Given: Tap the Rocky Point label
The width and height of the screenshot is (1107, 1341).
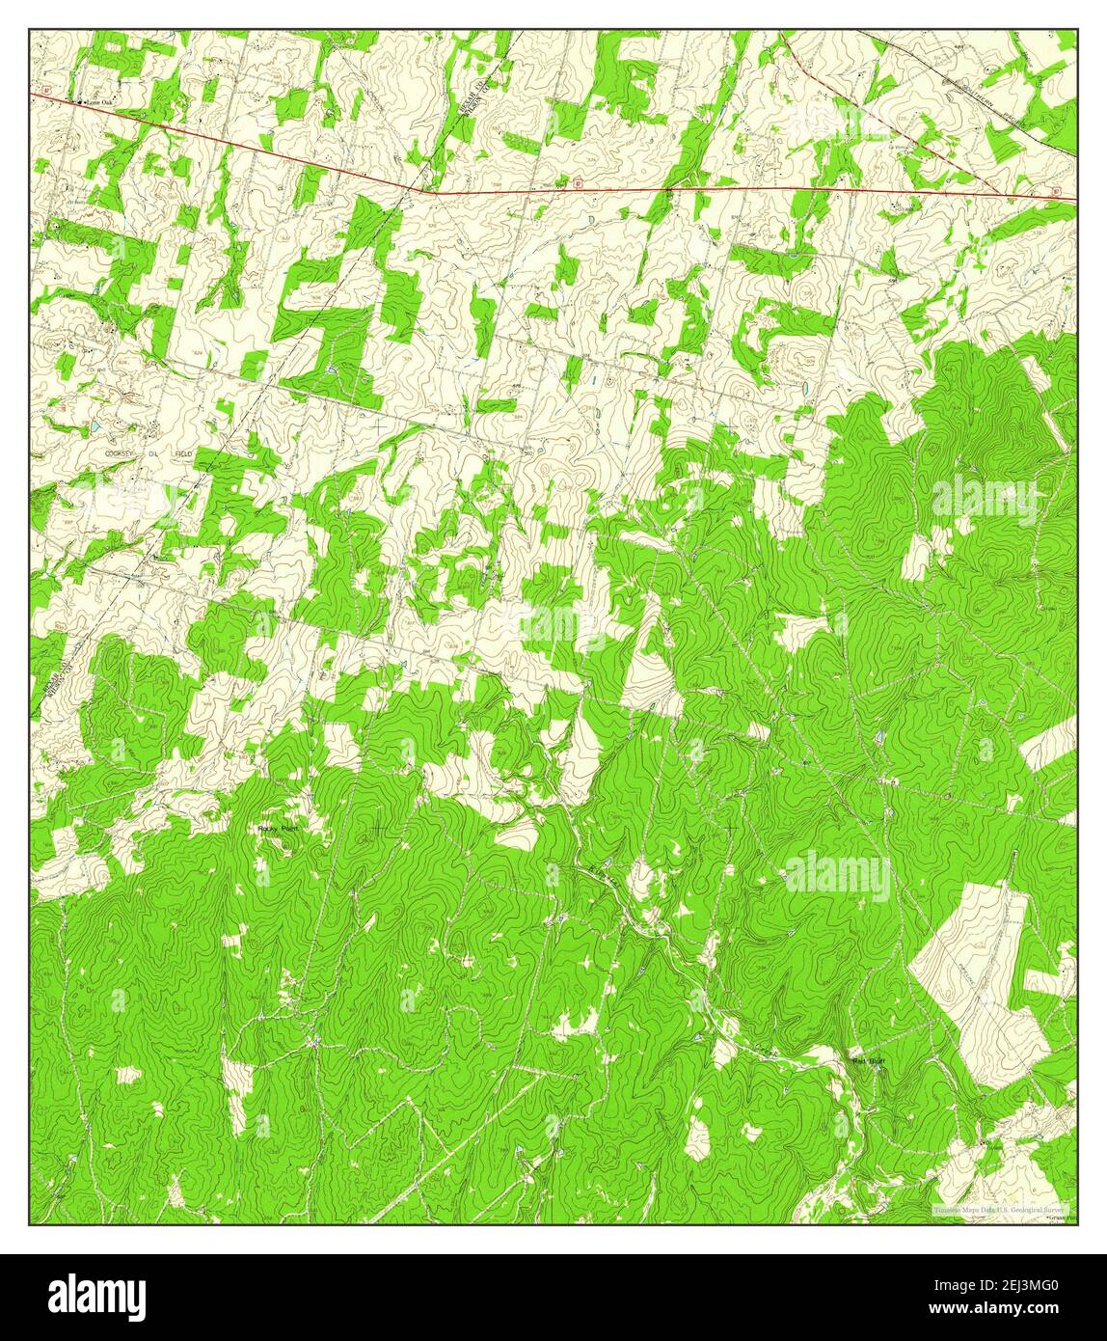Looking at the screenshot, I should click(x=279, y=828).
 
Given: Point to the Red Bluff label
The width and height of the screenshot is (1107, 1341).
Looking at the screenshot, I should click(x=868, y=1062).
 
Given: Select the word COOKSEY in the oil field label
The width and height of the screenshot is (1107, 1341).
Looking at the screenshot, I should click(x=122, y=452).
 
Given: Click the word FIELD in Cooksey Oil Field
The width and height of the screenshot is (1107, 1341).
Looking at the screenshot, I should click(x=179, y=452).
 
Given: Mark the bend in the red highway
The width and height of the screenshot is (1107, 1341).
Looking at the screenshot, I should click(x=431, y=191).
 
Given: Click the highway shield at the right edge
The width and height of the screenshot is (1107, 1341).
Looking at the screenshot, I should click(x=1054, y=191).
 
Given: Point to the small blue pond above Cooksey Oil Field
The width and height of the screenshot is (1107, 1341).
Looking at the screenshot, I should click(x=94, y=425).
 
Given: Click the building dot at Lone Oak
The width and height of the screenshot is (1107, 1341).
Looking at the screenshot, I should click(x=83, y=101).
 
